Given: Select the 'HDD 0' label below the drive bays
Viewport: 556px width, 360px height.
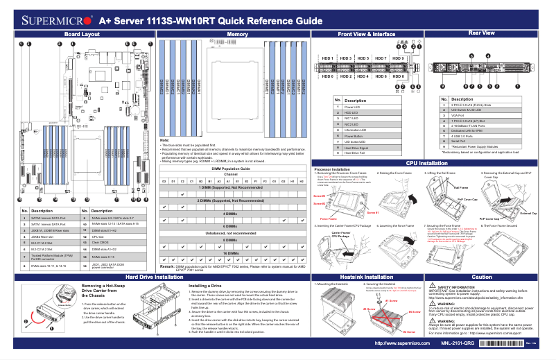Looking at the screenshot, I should coord(327,76).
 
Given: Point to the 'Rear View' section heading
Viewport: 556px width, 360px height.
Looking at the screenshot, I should coord(481,33).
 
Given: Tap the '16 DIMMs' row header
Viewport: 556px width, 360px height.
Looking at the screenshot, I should coord(236,255).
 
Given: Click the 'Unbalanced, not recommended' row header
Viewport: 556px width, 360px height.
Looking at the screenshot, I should coord(236,234).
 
